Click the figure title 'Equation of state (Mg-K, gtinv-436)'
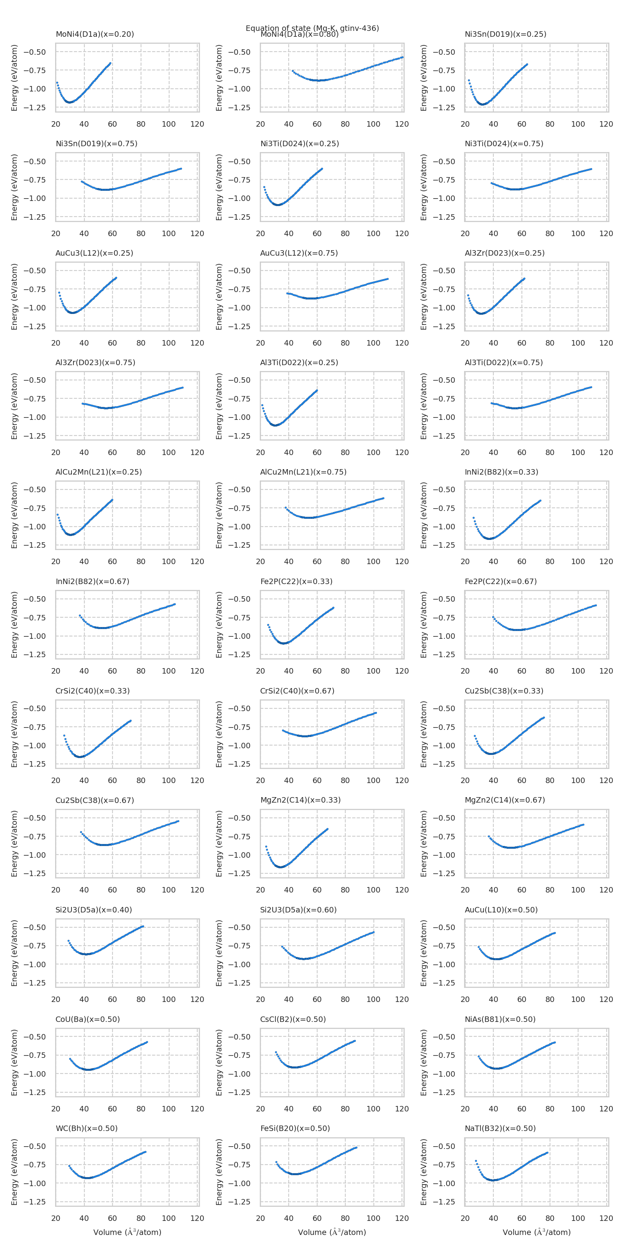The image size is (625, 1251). click(312, 28)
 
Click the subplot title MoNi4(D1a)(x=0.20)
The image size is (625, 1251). click(95, 34)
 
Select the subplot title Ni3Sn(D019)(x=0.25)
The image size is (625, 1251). click(505, 34)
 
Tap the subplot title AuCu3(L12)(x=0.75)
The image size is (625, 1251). click(299, 253)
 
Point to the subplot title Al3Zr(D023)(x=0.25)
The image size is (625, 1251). click(505, 253)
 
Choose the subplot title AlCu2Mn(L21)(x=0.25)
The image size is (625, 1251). click(98, 472)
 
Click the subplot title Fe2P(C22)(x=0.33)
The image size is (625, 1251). click(296, 581)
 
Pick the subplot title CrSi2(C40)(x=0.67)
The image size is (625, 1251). click(297, 690)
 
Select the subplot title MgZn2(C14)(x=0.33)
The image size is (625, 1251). click(300, 800)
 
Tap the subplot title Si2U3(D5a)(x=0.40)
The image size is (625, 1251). click(94, 910)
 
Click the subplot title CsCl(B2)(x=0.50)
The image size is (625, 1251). click(293, 1019)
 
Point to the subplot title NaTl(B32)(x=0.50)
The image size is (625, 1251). click(500, 1128)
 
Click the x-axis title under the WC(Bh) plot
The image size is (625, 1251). click(127, 1232)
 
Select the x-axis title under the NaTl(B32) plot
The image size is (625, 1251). click(536, 1232)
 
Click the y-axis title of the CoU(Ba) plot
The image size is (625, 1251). click(14, 1062)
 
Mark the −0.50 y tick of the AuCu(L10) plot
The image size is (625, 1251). click(444, 927)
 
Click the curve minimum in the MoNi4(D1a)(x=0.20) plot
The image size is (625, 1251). click(70, 102)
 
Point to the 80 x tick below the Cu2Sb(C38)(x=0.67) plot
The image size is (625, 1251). click(141, 890)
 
